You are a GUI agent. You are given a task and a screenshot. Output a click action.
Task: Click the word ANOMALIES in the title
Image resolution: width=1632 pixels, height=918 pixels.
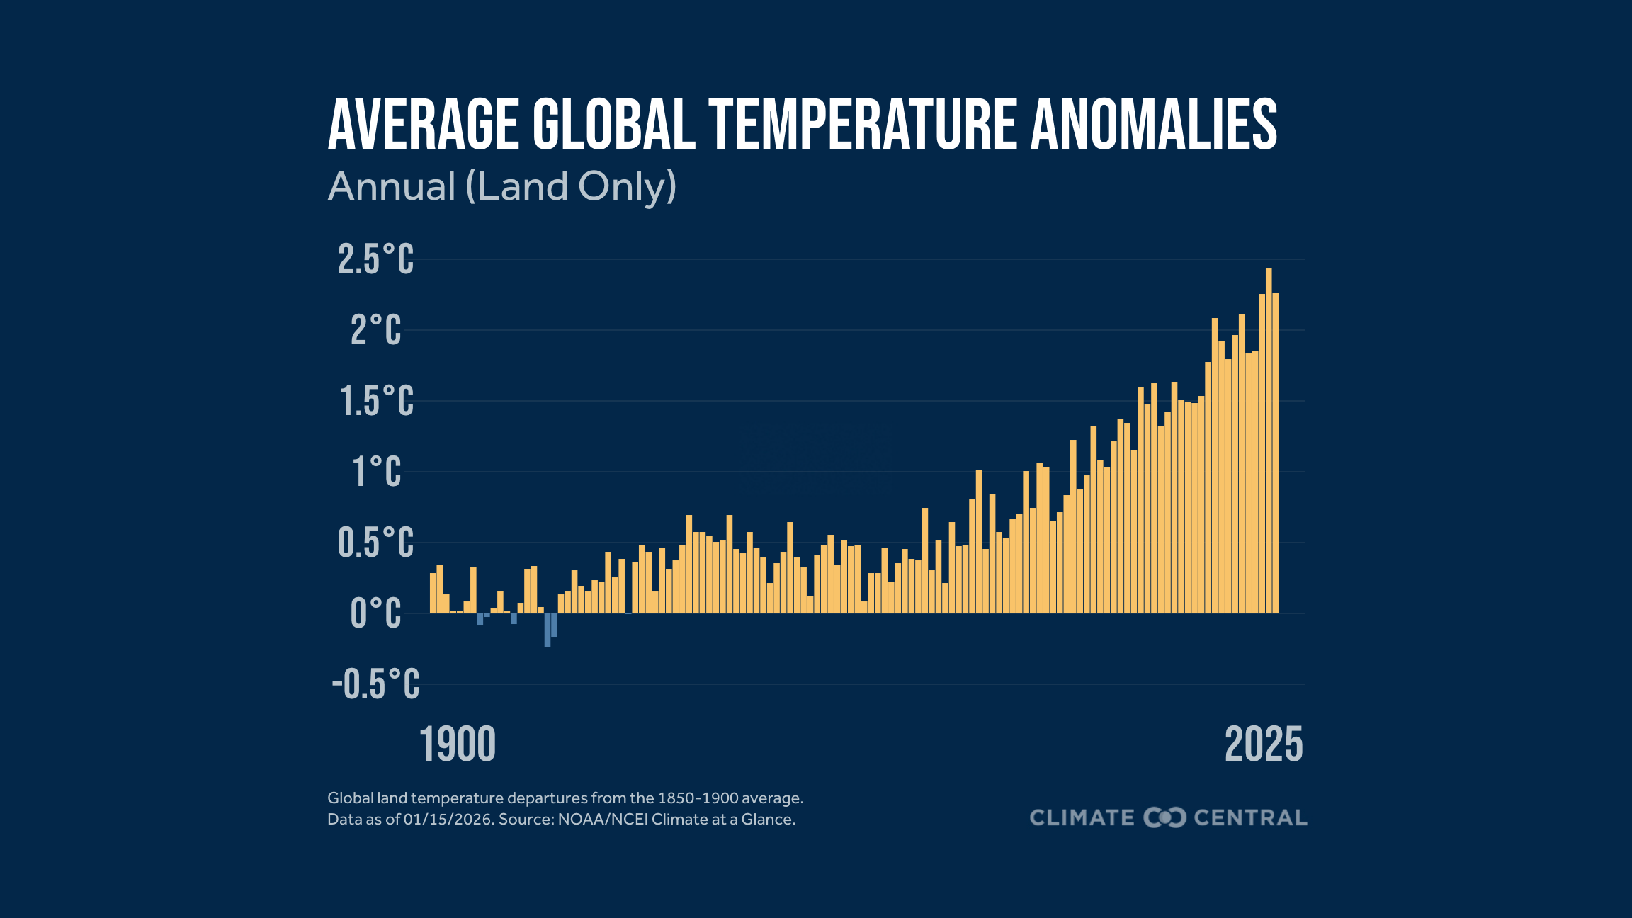coord(1154,125)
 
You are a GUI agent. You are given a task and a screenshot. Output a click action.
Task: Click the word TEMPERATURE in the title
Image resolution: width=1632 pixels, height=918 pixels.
coord(863,125)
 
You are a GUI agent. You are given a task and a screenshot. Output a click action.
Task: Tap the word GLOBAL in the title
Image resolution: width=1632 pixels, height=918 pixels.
coord(613,125)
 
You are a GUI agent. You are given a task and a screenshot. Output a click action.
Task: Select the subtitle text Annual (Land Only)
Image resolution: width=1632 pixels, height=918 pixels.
coord(502,186)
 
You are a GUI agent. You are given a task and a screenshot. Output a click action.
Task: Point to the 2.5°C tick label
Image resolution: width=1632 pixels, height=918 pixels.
coord(375,259)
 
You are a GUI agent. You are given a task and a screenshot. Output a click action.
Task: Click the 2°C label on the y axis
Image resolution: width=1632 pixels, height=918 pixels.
coord(375,330)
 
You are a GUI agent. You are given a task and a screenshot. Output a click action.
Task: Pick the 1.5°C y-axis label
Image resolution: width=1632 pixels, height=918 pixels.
coord(375,401)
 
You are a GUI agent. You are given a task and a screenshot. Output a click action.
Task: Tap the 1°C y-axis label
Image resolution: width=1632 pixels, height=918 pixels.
coord(377,472)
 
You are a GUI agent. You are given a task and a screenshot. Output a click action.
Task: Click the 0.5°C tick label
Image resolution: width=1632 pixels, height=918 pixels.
coord(375,543)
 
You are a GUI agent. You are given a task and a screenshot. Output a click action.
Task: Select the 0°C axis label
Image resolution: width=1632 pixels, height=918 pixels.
coord(375,613)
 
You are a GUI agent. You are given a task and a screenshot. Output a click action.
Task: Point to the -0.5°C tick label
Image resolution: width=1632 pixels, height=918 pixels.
coord(375,684)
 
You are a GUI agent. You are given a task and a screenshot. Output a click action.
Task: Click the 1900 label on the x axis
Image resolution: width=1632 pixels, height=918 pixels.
coord(458,745)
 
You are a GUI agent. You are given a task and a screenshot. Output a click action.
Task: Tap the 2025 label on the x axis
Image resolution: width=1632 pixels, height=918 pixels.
coord(1264,745)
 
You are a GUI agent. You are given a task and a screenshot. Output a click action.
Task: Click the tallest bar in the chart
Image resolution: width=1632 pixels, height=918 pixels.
coord(1269,441)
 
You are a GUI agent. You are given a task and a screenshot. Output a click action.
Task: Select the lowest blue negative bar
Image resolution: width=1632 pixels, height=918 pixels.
coord(548,630)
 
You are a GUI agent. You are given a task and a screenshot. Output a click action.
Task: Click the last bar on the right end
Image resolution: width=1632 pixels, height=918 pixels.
coord(1276,453)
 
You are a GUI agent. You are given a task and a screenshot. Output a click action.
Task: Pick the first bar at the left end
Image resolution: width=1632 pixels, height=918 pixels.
coord(433,594)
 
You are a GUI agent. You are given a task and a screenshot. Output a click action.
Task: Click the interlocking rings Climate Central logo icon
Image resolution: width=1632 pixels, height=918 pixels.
coord(1164,817)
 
